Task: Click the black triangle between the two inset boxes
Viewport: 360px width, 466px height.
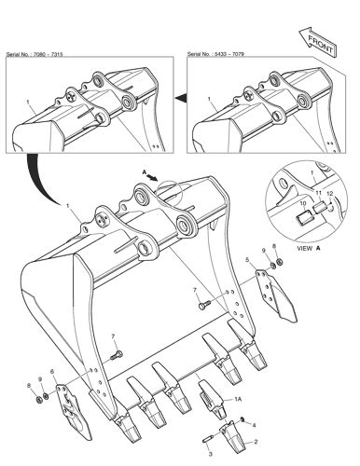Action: click(x=182, y=96)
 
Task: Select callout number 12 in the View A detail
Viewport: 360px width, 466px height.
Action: click(x=329, y=193)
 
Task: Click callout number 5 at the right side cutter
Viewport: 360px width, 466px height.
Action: click(x=246, y=260)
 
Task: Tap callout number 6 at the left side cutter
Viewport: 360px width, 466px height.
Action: click(x=52, y=373)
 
